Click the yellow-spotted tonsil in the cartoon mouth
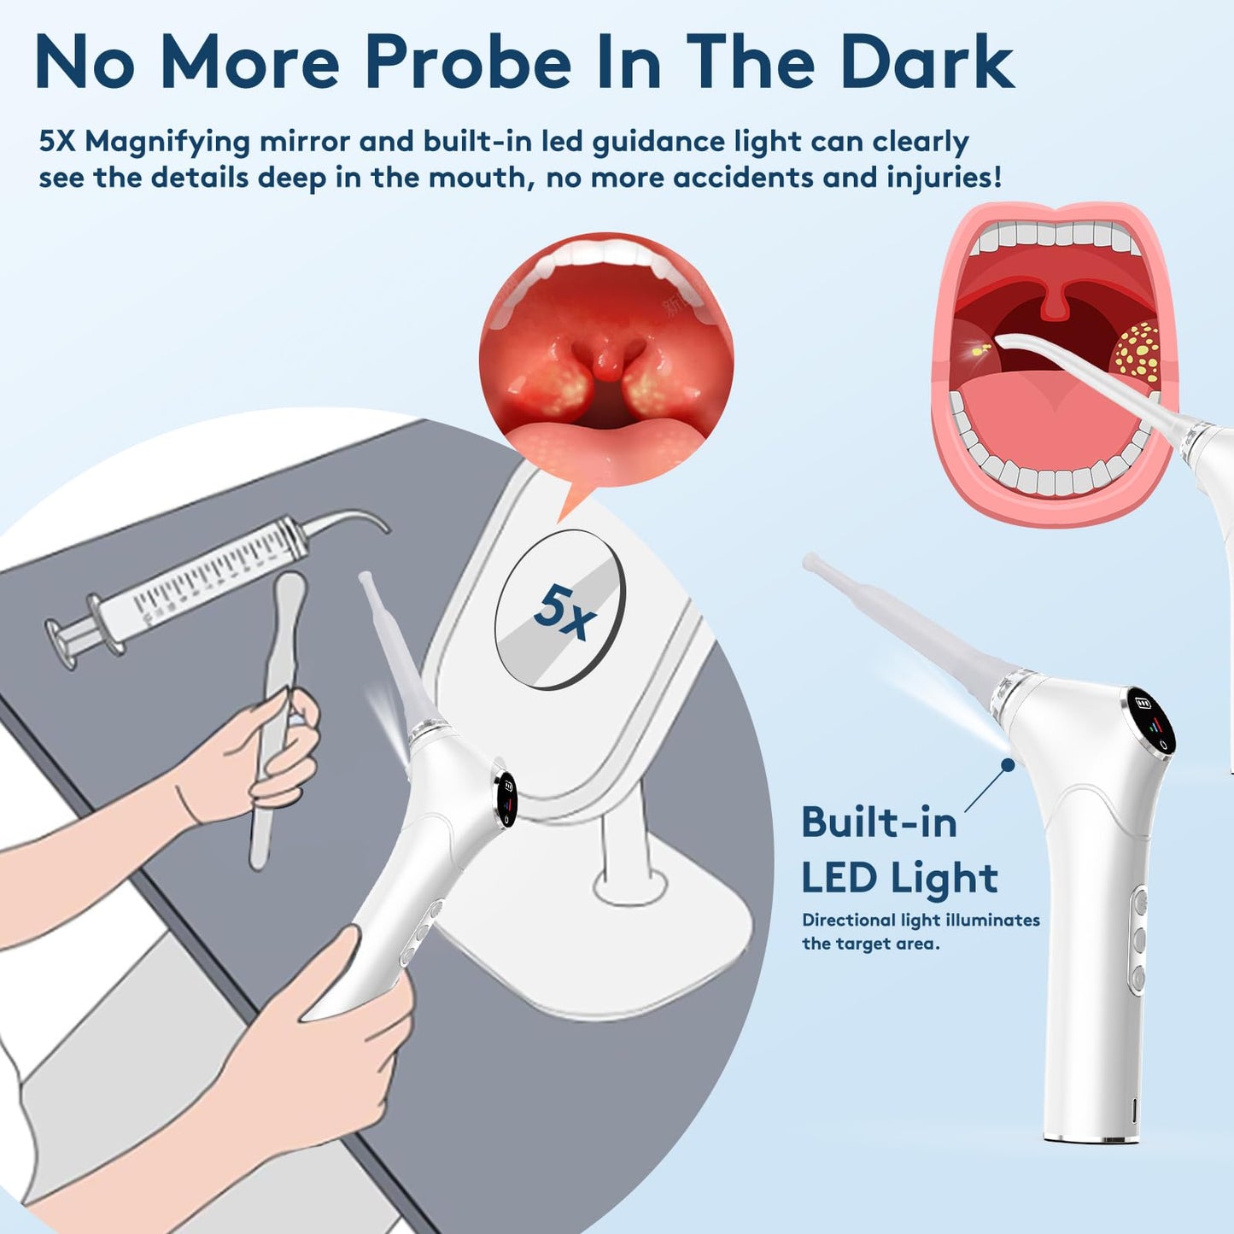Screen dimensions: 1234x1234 coord(1138,352)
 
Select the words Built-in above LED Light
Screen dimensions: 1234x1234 coord(879,823)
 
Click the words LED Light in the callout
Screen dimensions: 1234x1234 coord(899,878)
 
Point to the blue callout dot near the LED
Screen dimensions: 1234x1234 coord(1008,765)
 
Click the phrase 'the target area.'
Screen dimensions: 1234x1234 coord(870,944)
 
